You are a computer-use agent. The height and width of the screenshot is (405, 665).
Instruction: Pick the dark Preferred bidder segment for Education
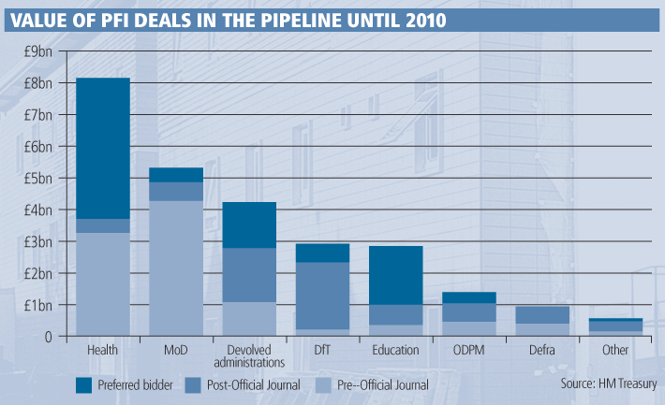pos(396,275)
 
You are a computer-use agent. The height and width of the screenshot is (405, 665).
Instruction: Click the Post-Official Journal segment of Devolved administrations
pos(249,275)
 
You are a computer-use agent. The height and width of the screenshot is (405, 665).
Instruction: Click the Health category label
pos(103,350)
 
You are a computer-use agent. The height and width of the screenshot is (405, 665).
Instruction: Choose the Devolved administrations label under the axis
pos(249,355)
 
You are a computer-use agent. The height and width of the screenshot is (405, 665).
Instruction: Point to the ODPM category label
pos(469,350)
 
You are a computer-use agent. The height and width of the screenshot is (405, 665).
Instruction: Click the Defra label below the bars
pos(542,350)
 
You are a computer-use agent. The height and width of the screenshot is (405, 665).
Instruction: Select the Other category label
pos(615,350)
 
